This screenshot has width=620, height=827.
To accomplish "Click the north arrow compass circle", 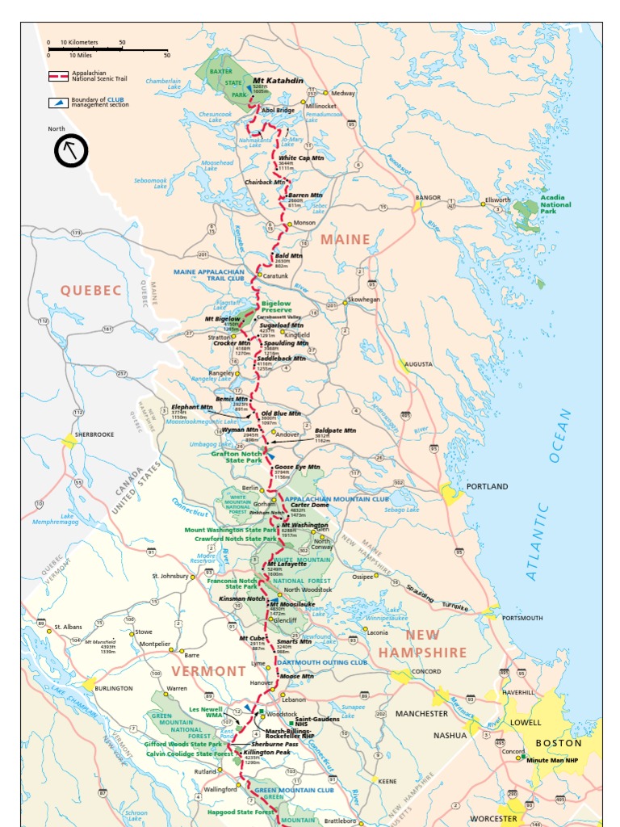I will (71, 150).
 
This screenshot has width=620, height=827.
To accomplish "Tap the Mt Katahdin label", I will (278, 81).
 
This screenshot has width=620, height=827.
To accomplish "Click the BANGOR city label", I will (428, 197).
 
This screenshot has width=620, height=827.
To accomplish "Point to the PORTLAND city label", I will (487, 486).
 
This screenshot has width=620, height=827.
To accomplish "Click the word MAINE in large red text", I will (345, 239).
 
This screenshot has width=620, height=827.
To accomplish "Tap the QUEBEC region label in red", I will (90, 290).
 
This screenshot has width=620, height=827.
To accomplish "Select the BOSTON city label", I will (559, 742).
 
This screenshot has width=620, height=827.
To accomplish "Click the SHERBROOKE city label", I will (94, 434).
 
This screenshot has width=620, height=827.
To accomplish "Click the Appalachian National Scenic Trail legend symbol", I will (57, 77).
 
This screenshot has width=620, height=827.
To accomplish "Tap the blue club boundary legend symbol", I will (57, 102).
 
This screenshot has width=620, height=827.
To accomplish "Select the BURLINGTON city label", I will (113, 688).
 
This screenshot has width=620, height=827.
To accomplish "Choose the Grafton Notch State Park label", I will (237, 456).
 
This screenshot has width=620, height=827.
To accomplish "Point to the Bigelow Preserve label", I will (279, 308).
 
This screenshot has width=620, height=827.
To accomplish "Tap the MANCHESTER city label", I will (421, 714).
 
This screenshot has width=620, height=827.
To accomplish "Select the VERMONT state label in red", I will (208, 671).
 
